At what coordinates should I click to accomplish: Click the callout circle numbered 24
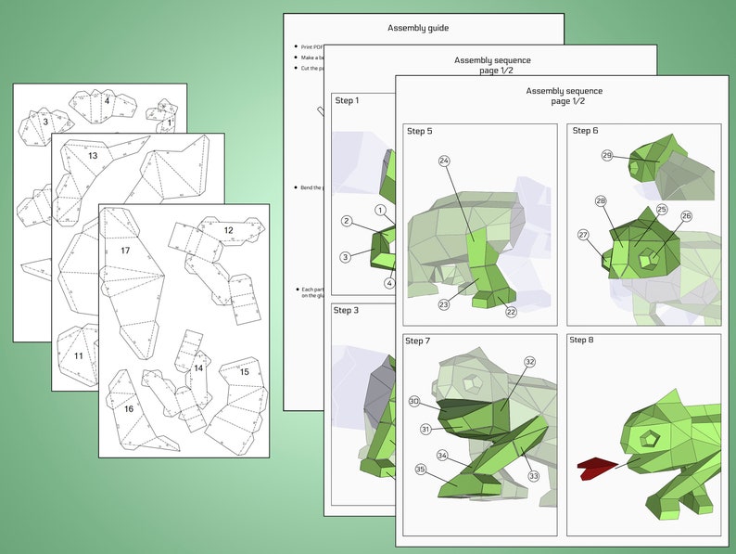click(444, 161)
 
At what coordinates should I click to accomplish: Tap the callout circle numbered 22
click(511, 312)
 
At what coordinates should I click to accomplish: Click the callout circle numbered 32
click(530, 362)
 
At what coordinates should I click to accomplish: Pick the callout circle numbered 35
click(420, 470)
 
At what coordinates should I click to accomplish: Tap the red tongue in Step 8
click(592, 469)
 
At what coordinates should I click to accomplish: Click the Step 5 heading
click(419, 132)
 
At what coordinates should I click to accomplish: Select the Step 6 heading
click(585, 131)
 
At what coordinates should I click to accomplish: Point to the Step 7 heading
click(418, 341)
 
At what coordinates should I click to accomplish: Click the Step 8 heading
click(582, 341)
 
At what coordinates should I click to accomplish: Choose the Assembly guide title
click(417, 28)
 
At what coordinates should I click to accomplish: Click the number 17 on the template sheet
click(124, 251)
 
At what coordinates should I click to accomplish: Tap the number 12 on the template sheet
click(228, 230)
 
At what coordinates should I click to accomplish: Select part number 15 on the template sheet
click(245, 372)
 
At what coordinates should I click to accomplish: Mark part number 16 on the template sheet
click(128, 409)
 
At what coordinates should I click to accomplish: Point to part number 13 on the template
click(93, 156)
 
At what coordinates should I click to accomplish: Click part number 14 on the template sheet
click(197, 368)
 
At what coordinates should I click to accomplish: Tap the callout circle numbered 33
click(533, 476)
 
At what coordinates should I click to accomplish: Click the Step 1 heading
click(347, 100)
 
